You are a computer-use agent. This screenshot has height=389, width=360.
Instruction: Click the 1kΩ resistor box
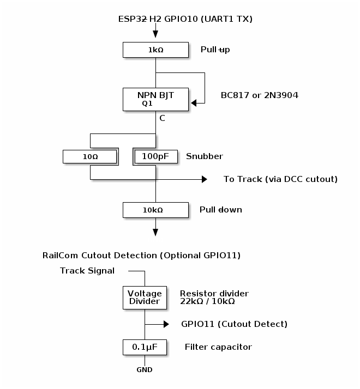click(155, 50)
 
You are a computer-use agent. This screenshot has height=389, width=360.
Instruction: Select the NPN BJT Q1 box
click(155, 99)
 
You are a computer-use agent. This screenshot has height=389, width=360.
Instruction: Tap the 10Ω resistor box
click(90, 156)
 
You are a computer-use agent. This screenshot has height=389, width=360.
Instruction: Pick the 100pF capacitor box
click(155, 156)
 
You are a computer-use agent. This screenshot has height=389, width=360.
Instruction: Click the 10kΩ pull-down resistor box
click(155, 209)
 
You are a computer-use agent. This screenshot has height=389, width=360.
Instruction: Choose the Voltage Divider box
click(145, 297)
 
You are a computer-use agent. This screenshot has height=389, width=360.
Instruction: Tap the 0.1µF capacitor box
click(145, 347)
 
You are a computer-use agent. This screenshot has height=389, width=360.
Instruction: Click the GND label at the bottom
click(145, 370)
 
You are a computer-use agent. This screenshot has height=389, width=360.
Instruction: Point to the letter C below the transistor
click(162, 118)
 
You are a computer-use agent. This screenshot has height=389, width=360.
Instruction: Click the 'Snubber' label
click(205, 156)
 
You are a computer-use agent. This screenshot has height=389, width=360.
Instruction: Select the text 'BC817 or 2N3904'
click(259, 95)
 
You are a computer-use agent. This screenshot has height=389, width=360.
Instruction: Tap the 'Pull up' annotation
click(215, 50)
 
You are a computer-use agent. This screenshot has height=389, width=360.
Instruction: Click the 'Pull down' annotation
click(221, 209)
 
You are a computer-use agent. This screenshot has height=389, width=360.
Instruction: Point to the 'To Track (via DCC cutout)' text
click(280, 179)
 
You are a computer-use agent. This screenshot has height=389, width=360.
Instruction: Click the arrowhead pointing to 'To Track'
click(205, 179)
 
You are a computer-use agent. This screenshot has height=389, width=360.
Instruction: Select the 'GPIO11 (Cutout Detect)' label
click(234, 324)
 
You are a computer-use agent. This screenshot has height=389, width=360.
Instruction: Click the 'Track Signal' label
click(87, 271)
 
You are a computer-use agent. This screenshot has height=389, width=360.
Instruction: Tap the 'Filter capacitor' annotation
click(218, 347)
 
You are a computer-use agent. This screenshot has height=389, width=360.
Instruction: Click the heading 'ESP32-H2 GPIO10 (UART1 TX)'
click(185, 19)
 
